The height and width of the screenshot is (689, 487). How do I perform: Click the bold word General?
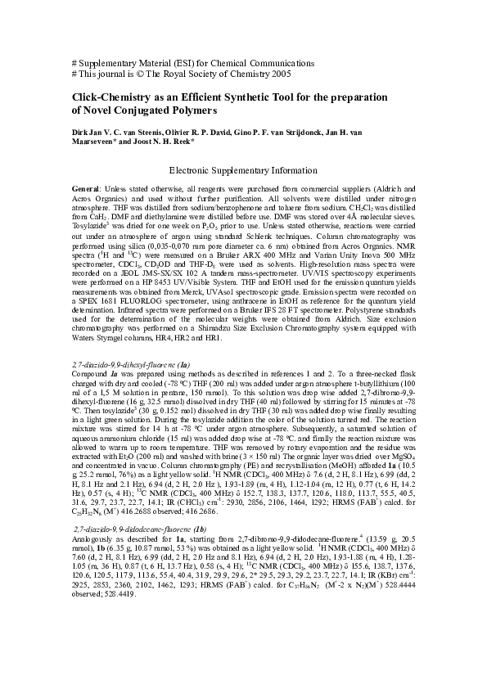point(86,190)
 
